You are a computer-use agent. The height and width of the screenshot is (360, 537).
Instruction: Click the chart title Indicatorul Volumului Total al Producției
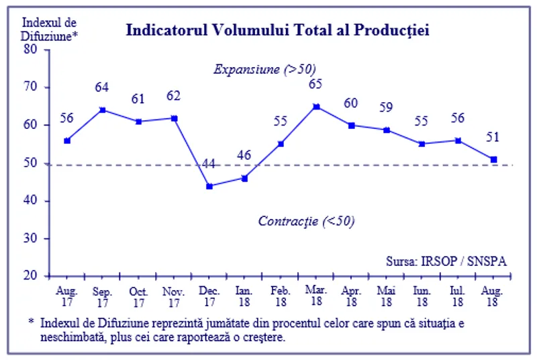tap(277, 30)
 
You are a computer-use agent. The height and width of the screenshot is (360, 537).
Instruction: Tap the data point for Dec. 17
tap(209, 186)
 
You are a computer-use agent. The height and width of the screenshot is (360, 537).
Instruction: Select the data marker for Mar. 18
tap(316, 106)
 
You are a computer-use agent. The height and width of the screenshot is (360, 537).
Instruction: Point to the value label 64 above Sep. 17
tap(102, 87)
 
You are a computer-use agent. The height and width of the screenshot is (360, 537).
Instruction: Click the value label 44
tap(209, 163)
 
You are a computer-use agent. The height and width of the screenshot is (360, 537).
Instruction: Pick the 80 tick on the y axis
tap(32, 49)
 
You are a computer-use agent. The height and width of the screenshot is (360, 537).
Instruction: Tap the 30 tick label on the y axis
tap(32, 238)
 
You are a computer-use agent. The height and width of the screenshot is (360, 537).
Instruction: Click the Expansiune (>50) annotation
tap(264, 69)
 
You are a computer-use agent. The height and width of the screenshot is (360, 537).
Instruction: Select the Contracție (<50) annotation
tap(306, 221)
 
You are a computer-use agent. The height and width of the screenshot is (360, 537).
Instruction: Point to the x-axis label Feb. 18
tap(280, 297)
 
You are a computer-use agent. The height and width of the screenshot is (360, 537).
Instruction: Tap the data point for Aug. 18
tap(494, 159)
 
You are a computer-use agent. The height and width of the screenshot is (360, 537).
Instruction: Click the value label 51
tap(494, 137)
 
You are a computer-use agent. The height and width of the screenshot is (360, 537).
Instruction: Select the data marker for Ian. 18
tap(245, 178)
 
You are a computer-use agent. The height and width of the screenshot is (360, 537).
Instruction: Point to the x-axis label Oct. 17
tap(138, 297)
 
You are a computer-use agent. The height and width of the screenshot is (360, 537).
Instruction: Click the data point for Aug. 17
tap(66, 140)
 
